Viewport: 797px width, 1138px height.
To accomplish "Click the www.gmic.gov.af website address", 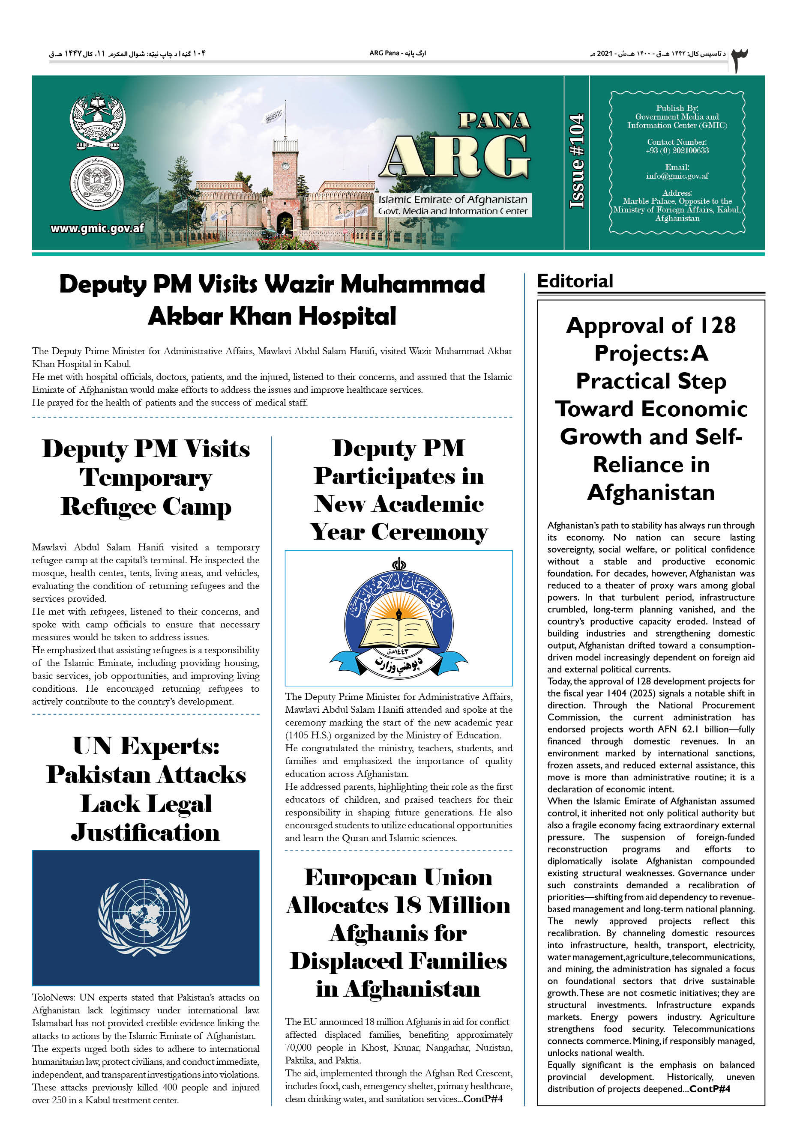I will (x=97, y=228).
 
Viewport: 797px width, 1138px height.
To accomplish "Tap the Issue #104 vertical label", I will (x=576, y=161).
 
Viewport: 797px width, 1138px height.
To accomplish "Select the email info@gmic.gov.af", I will (x=677, y=176).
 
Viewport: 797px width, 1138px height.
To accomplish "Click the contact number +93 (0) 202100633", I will (x=677, y=150).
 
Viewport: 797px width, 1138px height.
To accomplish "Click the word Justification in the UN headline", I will (x=145, y=833).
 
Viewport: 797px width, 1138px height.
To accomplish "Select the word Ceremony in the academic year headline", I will (x=429, y=532).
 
